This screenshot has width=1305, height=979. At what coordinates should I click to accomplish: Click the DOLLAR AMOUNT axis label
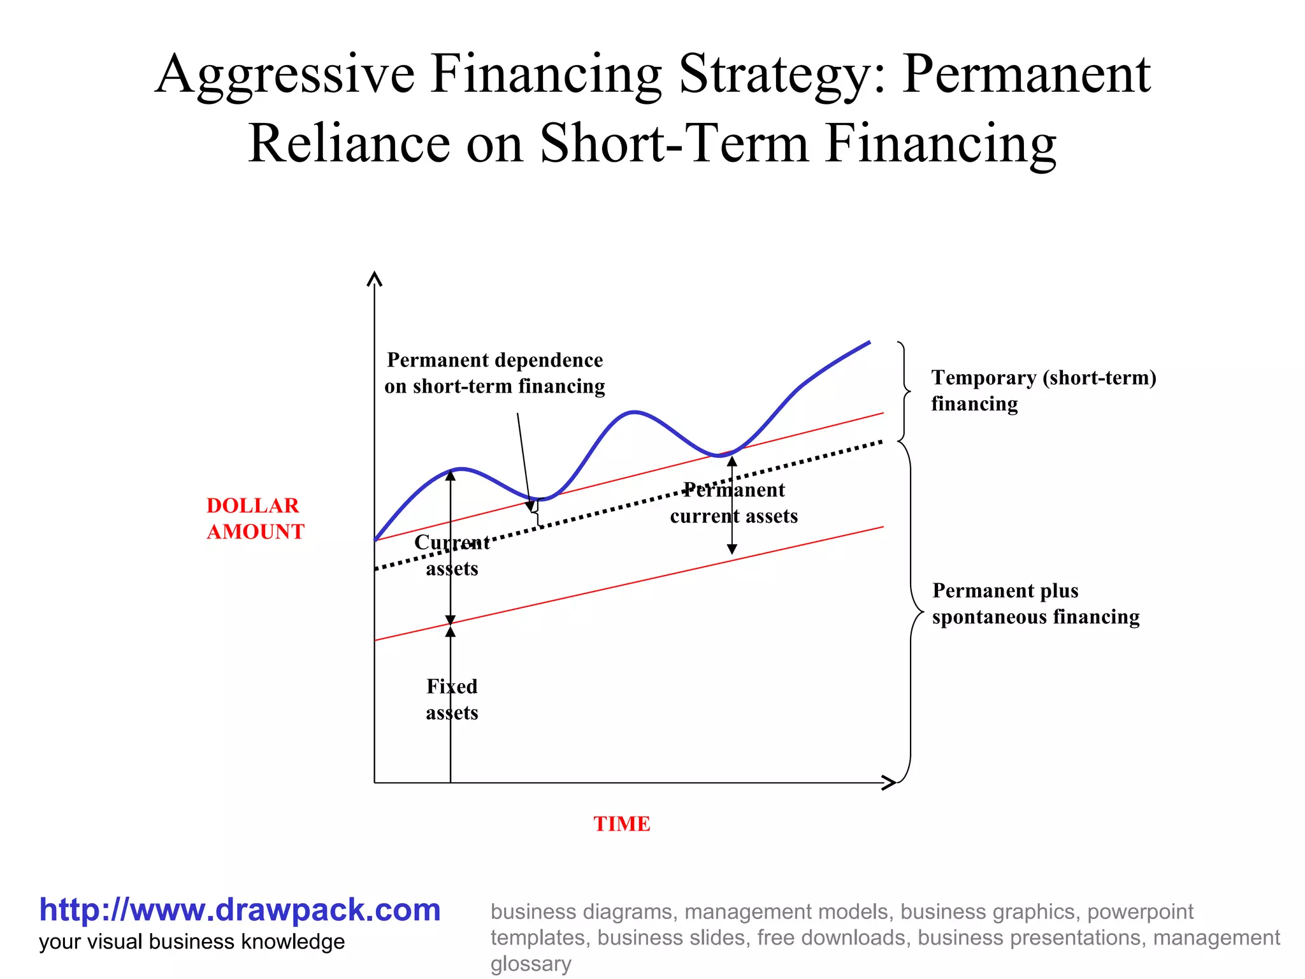255,518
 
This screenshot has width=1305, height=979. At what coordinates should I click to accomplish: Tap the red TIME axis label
622,823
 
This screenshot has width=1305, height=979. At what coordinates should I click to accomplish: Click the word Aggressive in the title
284,75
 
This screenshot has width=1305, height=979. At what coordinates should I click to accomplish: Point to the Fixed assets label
452,699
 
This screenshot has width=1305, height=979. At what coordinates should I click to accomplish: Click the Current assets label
452,555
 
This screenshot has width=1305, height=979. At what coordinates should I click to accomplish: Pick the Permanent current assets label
733,503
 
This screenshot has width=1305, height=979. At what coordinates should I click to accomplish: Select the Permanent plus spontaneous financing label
1035,604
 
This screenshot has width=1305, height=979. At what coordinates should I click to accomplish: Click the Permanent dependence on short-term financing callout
494,373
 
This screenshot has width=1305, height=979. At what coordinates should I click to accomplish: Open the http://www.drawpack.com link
240,910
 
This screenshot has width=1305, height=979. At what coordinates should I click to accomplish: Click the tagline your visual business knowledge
192,942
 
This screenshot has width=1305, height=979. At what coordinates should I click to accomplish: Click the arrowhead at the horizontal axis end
890,783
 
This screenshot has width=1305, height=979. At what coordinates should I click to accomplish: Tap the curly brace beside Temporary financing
904,391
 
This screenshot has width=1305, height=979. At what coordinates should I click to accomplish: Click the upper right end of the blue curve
869,343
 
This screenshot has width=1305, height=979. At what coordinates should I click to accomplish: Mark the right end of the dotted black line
881,441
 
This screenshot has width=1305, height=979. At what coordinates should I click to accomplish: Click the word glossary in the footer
531,964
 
